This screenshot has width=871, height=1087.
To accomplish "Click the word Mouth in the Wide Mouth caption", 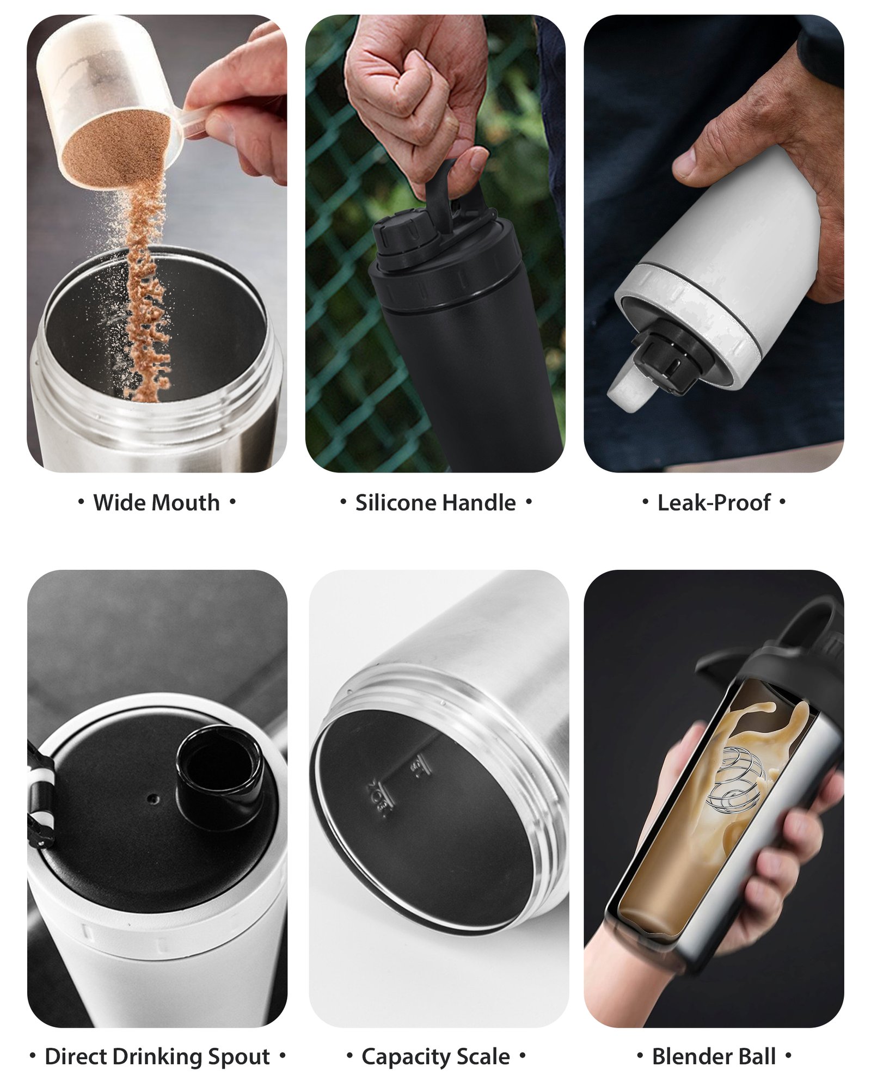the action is tap(187, 502).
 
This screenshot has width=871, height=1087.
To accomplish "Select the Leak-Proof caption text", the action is tap(714, 502).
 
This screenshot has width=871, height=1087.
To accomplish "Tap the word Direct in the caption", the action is tap(76, 1057).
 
